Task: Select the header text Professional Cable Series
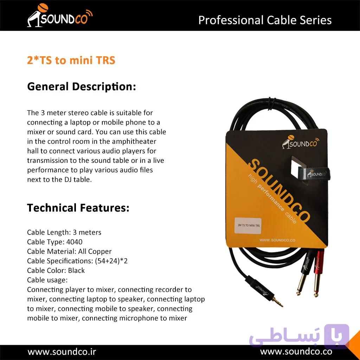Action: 265,20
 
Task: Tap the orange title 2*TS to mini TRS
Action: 71,60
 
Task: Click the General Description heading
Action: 82,87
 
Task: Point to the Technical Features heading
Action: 78,208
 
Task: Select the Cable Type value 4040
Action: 75,242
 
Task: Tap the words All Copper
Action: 95,251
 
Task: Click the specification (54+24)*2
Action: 111,261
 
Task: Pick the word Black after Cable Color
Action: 76,270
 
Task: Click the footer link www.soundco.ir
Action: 62,352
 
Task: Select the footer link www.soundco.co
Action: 296,352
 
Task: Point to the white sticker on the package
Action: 248,226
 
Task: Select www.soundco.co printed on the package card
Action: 277,240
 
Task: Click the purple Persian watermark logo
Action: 299,336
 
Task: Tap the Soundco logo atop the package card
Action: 301,142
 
